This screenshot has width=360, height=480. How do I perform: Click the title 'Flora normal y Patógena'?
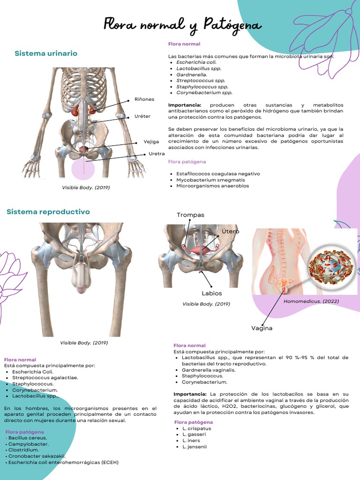(182, 25)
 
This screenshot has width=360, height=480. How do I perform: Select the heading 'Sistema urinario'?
(46, 53)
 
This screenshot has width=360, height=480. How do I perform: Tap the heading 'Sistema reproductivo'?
(48, 212)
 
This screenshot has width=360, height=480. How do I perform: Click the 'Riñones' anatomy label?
(144, 99)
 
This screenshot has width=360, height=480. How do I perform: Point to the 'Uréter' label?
(142, 116)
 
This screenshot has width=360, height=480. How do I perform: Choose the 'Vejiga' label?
(151, 142)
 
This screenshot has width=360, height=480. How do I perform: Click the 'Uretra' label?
(157, 154)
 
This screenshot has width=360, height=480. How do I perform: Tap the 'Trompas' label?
(190, 215)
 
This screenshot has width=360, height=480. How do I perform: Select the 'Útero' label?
(230, 232)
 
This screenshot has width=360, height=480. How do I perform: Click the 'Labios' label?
(212, 293)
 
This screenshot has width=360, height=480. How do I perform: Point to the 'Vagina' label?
(262, 328)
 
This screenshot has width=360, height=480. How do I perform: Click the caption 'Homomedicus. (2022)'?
(311, 301)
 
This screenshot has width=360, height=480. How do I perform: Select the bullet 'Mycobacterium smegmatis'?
(210, 180)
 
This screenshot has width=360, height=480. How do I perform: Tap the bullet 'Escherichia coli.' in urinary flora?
(196, 62)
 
